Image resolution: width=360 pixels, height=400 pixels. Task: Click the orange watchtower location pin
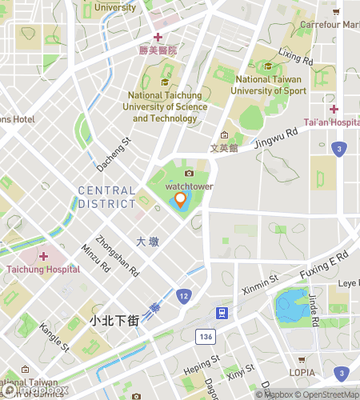[x=181, y=200]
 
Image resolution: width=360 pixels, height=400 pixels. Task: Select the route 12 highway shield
[x=183, y=297]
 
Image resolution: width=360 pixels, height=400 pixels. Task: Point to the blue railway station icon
[x=222, y=313]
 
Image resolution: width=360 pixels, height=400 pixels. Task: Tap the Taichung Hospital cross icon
[x=42, y=255]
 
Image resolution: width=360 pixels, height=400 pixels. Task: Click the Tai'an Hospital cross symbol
[x=334, y=109]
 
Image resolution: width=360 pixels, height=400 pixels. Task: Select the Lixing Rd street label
[x=295, y=57]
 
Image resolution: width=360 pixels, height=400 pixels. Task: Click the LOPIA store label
[x=301, y=372]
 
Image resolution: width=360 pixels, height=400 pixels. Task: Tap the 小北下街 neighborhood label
[x=114, y=321]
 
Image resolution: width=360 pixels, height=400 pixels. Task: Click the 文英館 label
[x=224, y=148]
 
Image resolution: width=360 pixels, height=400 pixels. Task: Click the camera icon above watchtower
[x=189, y=173]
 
